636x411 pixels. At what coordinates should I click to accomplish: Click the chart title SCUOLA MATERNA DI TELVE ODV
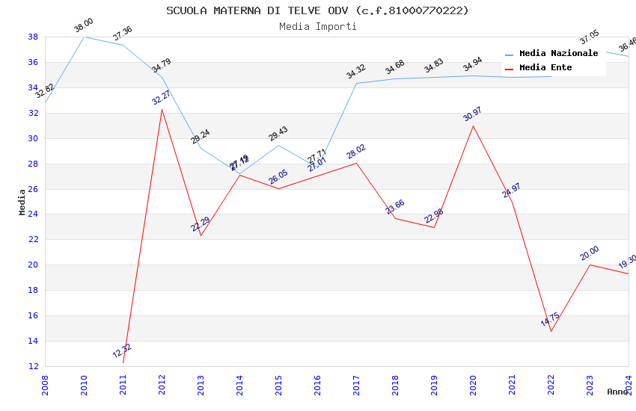pyautogui.click(x=317, y=10)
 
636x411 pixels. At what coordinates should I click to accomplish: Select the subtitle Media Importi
pyautogui.click(x=317, y=27)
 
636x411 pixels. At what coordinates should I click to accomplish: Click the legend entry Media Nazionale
pyautogui.click(x=558, y=54)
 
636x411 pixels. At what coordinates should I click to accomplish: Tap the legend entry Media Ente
pyautogui.click(x=545, y=68)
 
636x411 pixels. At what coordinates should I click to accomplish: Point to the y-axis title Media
pyautogui.click(x=22, y=202)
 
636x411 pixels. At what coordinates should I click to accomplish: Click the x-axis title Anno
pyautogui.click(x=617, y=392)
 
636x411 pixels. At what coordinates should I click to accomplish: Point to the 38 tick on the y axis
pyautogui.click(x=33, y=37)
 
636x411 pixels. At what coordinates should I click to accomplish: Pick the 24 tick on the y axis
pyautogui.click(x=33, y=214)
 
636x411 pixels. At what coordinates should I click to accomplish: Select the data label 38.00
pyautogui.click(x=83, y=26)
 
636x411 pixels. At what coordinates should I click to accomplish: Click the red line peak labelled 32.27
pyautogui.click(x=162, y=109)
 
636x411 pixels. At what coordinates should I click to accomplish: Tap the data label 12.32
pyautogui.click(x=122, y=350)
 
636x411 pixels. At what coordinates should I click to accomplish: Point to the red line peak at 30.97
pyautogui.click(x=474, y=126)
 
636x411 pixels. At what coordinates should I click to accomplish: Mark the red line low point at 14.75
pyautogui.click(x=551, y=331)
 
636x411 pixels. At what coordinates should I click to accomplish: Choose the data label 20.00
pyautogui.click(x=590, y=253)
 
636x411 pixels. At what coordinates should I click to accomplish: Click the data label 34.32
pyautogui.click(x=355, y=72)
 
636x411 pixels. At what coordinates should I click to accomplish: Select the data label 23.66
pyautogui.click(x=394, y=206)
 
